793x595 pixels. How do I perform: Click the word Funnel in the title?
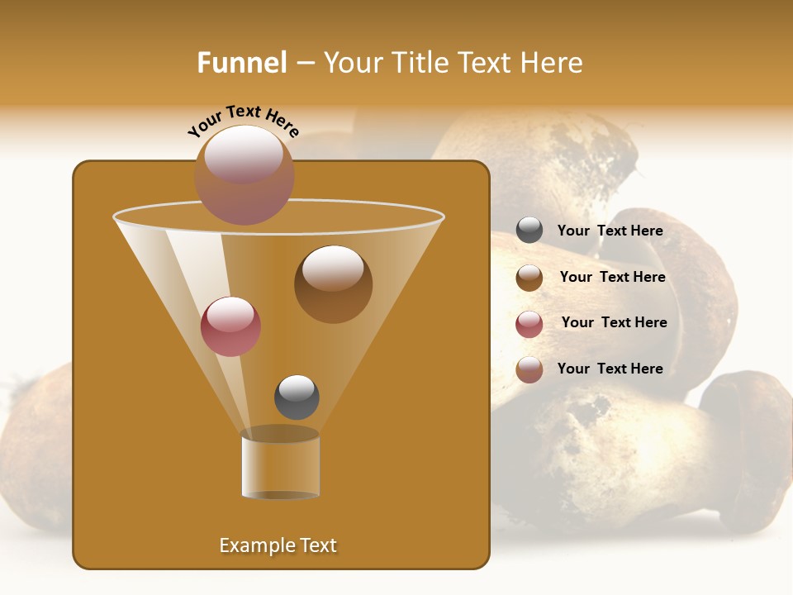241,63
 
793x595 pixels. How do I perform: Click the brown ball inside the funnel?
333,284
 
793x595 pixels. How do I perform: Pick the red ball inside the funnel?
230,326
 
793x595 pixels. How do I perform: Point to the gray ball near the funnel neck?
297,397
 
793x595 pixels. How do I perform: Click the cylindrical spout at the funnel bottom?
280,464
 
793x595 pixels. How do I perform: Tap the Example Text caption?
278,545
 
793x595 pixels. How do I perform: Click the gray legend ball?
529,231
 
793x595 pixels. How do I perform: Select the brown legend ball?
529,278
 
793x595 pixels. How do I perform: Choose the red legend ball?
529,324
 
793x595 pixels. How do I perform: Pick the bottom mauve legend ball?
529,369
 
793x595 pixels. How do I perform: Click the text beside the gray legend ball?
610,231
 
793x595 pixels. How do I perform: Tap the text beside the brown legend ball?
612,277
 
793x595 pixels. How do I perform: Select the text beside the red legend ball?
614,322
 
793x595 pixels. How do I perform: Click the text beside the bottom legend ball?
610,369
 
